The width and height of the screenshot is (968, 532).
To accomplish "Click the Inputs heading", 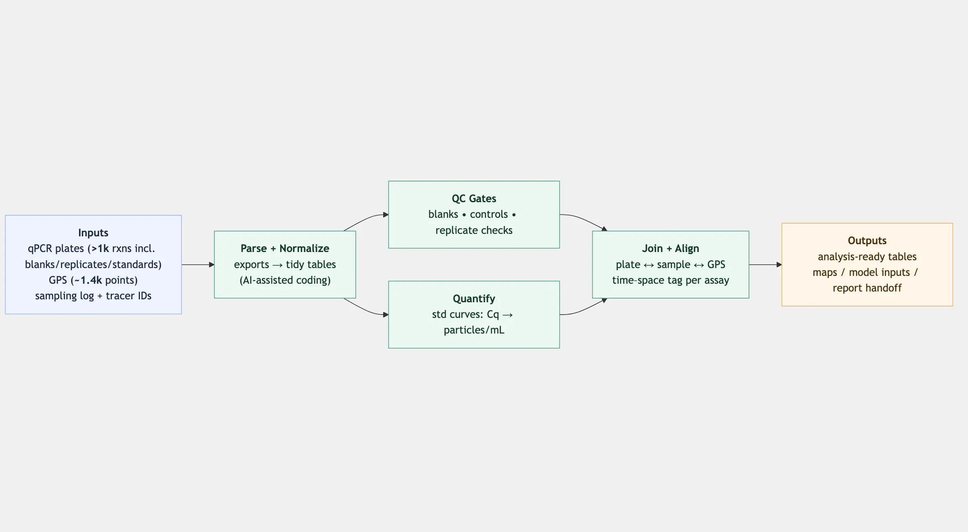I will pos(93,233).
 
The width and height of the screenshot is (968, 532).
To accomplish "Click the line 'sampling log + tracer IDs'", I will pos(93,296).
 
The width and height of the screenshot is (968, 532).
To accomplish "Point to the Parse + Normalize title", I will pos(285,248).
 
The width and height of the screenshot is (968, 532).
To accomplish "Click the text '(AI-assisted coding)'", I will pos(285,280).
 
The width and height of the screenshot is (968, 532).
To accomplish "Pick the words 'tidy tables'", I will pos(311,264).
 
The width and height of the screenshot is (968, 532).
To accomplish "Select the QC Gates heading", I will pos(474,198).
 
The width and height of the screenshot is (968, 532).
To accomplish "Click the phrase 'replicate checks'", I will pos(474,230).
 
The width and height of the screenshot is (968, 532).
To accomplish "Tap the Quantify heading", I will pos(474,299).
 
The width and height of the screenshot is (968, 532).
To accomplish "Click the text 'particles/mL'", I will pos(474,330).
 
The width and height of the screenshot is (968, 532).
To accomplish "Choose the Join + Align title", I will pos(670,248).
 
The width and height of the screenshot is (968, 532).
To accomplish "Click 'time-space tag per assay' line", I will pos(670,280).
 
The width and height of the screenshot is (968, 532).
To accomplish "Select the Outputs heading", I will pos(867,240).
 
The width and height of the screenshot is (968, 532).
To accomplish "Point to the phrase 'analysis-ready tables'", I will pos(867,257).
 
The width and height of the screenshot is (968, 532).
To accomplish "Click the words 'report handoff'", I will pos(867,288).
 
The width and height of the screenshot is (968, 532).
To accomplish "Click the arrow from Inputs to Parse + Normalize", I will pos(198,265).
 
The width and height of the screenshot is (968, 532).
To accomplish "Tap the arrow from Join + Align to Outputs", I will pos(765,265).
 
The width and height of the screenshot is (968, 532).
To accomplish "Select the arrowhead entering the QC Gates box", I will pos(386,215).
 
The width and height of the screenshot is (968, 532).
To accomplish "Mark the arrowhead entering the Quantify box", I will pos(386,315).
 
